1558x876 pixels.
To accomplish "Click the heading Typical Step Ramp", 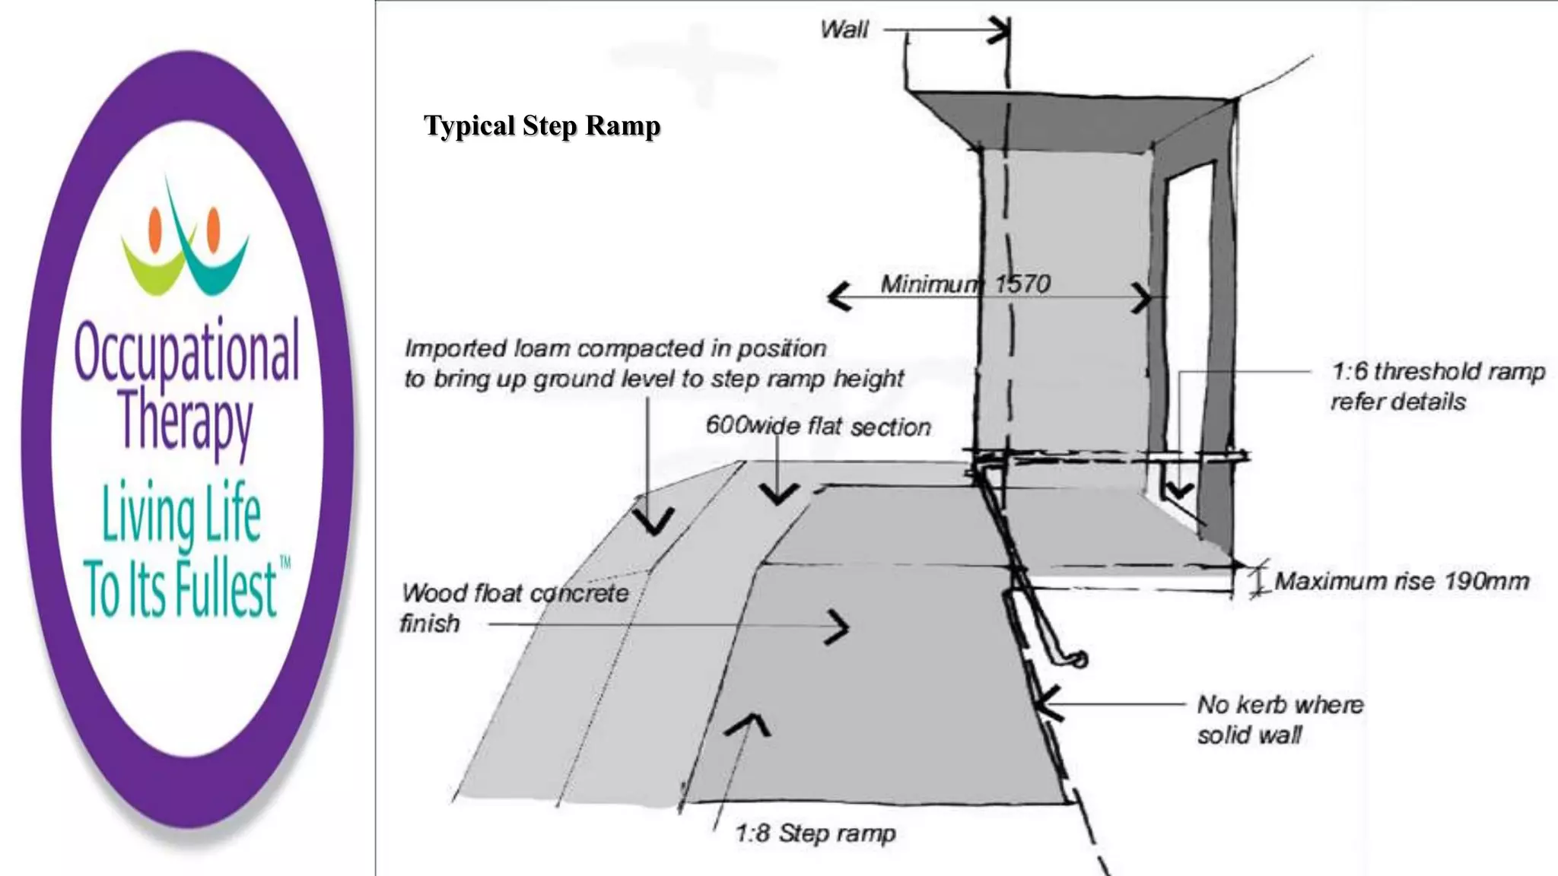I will click(542, 125).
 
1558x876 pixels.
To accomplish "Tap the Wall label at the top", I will click(844, 30).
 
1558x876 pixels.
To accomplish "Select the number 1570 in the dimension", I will click(1023, 284).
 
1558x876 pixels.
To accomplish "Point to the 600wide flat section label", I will click(818, 427).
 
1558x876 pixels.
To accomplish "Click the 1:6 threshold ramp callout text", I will click(1436, 386).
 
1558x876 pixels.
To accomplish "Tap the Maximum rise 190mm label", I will click(1401, 582).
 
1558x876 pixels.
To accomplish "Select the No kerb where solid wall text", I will click(1280, 719).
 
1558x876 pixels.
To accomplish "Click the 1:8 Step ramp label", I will click(815, 833).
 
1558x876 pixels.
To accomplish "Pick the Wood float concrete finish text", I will click(514, 608).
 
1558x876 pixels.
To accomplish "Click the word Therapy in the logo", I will click(186, 421).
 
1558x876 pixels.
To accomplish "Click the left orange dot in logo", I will click(156, 230).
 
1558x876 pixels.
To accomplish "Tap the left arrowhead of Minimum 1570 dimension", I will click(838, 297).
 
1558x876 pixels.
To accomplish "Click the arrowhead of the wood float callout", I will click(839, 627).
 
